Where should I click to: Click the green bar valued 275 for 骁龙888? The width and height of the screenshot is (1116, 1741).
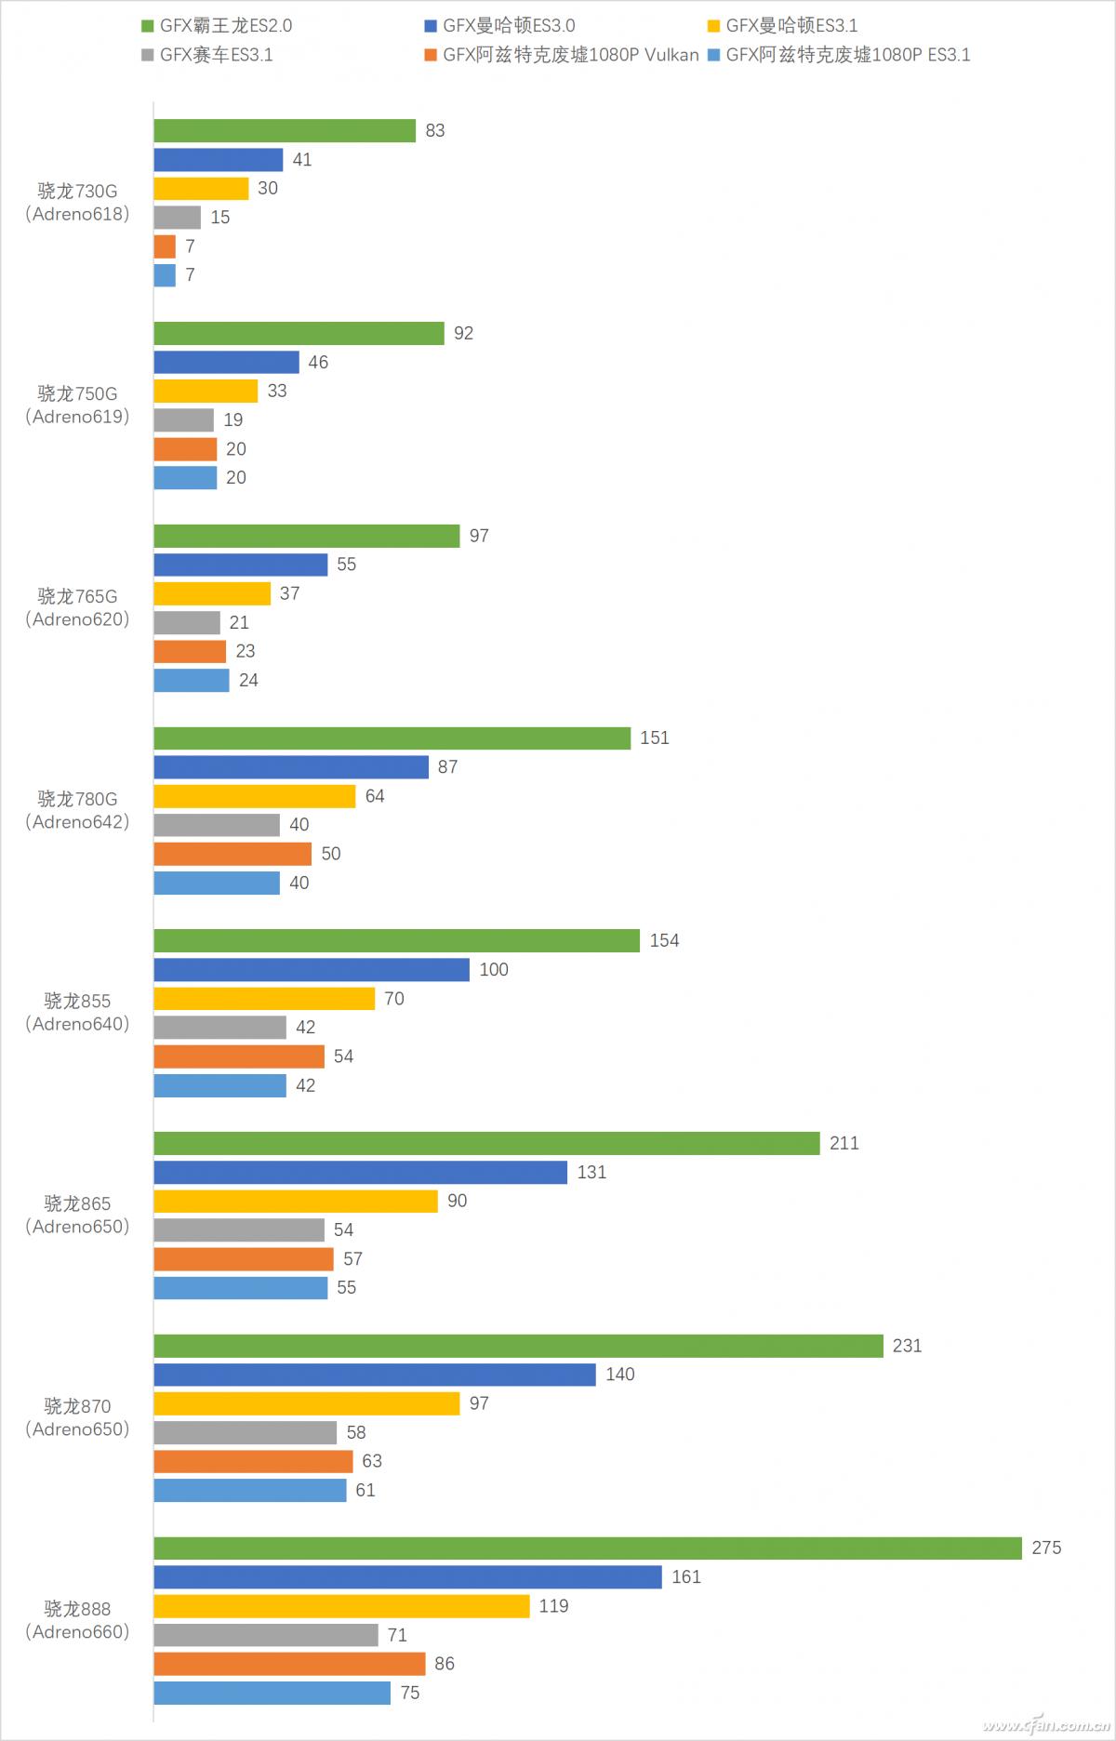coord(588,1548)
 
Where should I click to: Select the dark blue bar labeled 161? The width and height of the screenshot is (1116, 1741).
coord(407,1576)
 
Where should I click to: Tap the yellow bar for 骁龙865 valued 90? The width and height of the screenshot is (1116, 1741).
coord(296,1201)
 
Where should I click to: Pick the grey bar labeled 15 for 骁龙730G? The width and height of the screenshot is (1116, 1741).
coord(178,217)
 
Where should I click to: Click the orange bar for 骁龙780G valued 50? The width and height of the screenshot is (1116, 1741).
coord(232,853)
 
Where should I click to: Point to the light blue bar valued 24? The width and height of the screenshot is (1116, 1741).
coord(192,680)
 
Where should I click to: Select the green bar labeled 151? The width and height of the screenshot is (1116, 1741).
coord(392,738)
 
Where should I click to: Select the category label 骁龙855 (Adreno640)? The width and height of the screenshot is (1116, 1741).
coord(77,1012)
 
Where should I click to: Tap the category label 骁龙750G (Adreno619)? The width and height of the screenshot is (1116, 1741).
coord(77,405)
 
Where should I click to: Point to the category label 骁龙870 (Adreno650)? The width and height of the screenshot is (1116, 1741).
coord(77,1417)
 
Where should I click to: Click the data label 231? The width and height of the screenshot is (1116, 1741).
coord(907,1346)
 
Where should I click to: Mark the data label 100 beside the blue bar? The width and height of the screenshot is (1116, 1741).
coord(494,969)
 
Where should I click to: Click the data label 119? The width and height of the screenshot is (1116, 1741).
coord(553,1606)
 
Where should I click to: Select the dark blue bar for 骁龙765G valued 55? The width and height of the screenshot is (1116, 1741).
coord(241,565)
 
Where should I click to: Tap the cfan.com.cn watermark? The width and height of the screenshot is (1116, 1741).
coord(1045,1724)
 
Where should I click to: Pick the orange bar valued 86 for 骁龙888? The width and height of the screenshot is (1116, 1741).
coord(289,1664)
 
